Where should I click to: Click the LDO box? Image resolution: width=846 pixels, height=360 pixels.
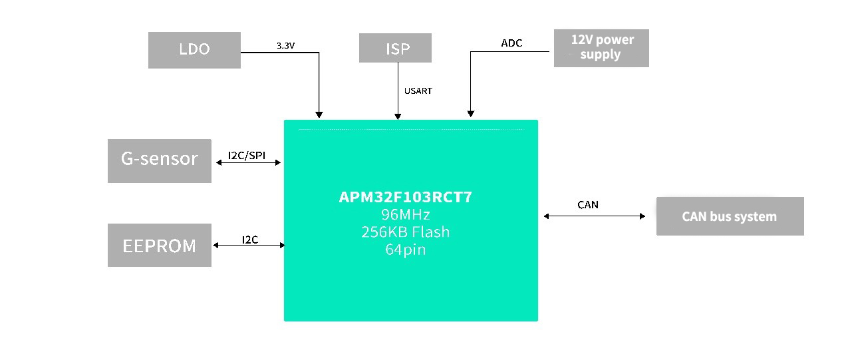(x=194, y=49)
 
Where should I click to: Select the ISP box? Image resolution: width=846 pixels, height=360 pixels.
(x=395, y=49)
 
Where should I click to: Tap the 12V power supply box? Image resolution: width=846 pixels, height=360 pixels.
(x=601, y=48)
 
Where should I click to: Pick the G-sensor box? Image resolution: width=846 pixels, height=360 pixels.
(x=160, y=160)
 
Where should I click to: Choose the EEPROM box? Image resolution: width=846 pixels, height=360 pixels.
(x=160, y=246)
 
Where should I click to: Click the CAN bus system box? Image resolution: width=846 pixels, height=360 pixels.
(x=730, y=216)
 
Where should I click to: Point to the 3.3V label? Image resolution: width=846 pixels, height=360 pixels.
(x=286, y=46)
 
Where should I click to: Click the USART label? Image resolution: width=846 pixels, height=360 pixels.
(x=418, y=90)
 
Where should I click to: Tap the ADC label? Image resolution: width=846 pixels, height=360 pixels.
(x=511, y=43)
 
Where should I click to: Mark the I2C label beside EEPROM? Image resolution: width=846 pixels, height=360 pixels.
(x=250, y=240)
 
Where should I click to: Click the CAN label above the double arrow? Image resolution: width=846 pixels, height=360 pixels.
(x=588, y=205)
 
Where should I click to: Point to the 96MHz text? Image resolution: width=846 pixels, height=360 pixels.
(x=405, y=215)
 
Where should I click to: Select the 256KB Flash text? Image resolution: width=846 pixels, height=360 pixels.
(x=405, y=232)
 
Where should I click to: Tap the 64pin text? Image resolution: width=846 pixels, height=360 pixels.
(x=405, y=250)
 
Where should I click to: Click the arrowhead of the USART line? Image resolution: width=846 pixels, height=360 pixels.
(x=398, y=116)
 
